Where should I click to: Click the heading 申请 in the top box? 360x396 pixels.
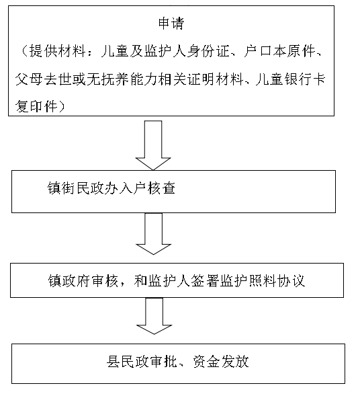(x=171, y=24)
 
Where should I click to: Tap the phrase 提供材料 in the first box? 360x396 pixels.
(x=58, y=52)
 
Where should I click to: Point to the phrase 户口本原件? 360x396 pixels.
(x=279, y=52)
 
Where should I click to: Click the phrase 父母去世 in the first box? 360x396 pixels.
(x=44, y=79)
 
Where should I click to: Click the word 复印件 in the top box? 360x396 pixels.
(x=36, y=106)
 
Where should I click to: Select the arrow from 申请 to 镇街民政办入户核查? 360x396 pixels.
(x=153, y=145)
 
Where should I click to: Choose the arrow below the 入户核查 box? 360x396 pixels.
(x=153, y=233)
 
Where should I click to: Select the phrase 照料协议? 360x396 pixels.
(x=277, y=280)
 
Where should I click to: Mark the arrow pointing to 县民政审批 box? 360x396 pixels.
(x=154, y=316)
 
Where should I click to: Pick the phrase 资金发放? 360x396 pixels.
(x=221, y=362)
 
